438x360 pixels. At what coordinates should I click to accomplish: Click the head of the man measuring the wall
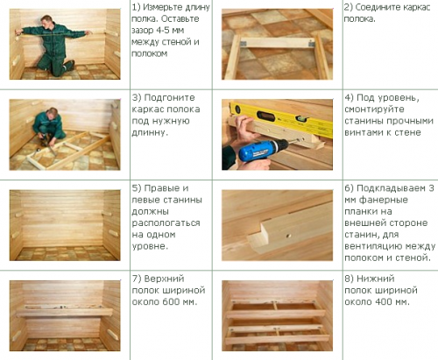(x=47, y=21)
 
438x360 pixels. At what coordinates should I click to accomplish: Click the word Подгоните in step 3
(x=169, y=98)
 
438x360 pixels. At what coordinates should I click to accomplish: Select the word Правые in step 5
(x=162, y=188)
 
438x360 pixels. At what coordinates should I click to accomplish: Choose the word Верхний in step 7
(x=164, y=279)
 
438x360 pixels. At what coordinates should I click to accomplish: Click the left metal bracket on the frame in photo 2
(x=244, y=44)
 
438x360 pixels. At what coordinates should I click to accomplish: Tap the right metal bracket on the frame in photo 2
(x=312, y=44)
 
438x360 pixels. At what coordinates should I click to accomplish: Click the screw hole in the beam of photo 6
(x=288, y=235)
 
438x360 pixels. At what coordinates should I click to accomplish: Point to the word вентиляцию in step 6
(x=371, y=247)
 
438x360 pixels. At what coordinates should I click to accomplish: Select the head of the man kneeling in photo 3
(x=52, y=113)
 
